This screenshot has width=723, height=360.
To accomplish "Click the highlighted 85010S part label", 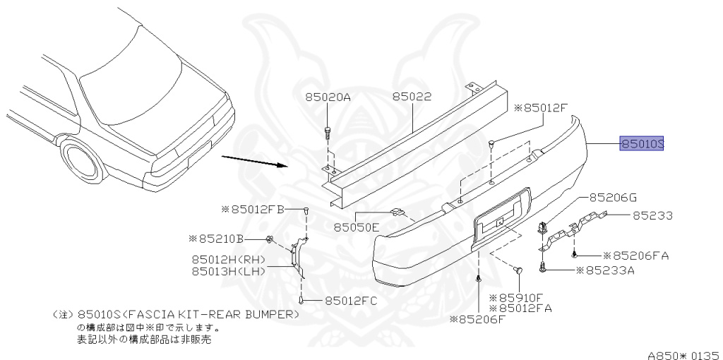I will [642, 144].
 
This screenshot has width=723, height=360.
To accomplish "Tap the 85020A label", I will [328, 97].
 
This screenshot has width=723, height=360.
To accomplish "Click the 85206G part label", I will [613, 197].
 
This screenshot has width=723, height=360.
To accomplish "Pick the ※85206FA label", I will [635, 255].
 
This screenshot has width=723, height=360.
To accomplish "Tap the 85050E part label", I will [357, 227].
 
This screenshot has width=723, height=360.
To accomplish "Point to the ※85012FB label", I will [252, 209].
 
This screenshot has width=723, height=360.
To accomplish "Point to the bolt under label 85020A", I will [327, 133].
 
